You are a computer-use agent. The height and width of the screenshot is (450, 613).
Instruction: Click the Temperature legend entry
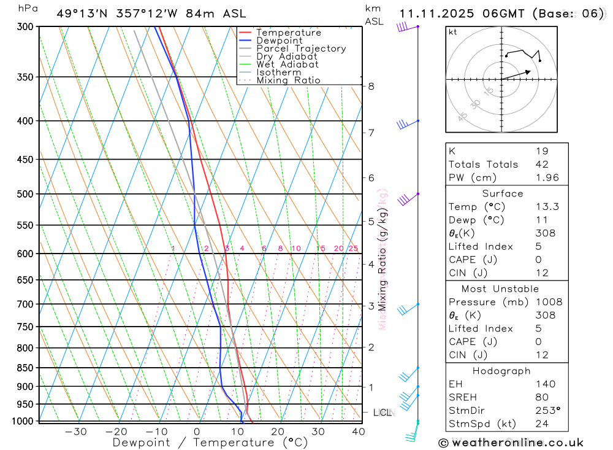tap(288, 33)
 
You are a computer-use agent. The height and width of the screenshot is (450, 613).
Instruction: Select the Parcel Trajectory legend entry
tap(301, 48)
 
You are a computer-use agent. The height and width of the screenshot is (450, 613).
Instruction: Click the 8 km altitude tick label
tap(371, 87)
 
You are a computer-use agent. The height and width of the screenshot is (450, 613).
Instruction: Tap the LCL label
tap(383, 413)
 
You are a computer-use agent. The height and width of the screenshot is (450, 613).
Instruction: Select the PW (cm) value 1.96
tap(547, 177)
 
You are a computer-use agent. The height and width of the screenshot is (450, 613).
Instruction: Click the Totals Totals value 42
tap(542, 164)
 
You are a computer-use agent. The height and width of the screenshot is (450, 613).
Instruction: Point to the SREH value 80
tap(542, 397)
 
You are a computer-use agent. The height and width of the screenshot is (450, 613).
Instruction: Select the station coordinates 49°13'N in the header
tap(80, 14)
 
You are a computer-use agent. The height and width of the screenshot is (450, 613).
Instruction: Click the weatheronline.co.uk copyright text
tap(511, 443)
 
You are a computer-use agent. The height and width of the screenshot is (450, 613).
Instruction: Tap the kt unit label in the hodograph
tap(453, 32)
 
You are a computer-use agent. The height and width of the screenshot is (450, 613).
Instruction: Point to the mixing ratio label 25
tap(353, 248)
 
